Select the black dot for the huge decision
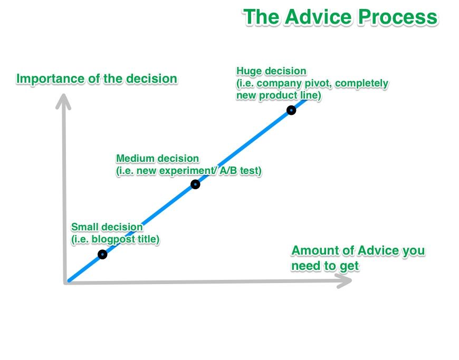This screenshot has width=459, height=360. (x=291, y=110)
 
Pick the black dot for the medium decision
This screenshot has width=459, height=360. (x=195, y=184)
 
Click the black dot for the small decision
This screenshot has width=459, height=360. (x=102, y=255)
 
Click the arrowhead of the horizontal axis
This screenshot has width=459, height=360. (x=346, y=281)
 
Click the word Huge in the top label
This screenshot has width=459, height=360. (x=248, y=71)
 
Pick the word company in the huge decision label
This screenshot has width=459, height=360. (x=281, y=83)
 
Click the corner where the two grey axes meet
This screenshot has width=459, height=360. (x=67, y=282)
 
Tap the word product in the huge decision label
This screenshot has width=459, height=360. (x=278, y=96)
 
